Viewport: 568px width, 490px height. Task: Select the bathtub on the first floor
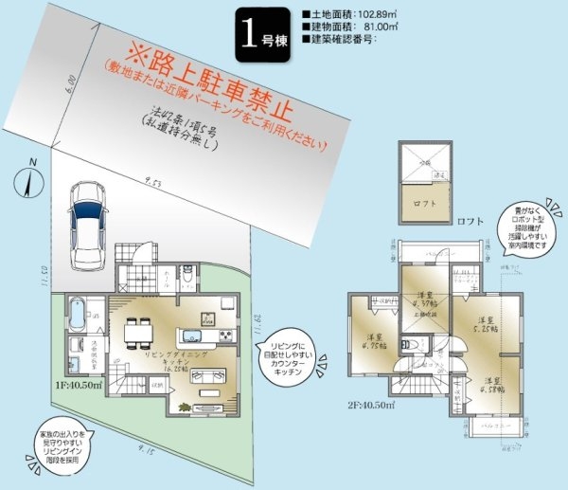click(78, 311)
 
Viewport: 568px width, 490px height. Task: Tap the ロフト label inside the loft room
click(422, 202)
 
